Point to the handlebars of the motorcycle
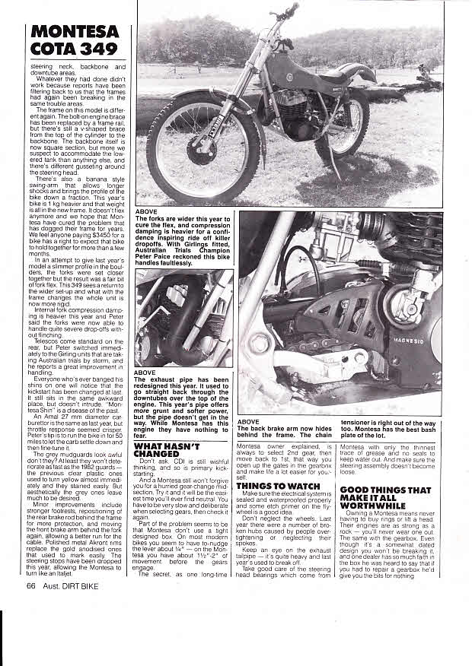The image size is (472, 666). [288, 13]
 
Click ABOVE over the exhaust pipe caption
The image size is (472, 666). [145, 373]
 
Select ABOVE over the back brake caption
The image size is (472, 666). [249, 421]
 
